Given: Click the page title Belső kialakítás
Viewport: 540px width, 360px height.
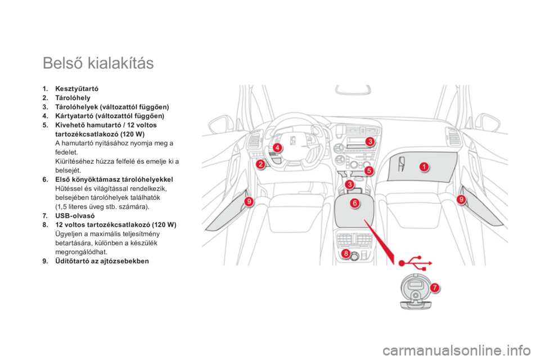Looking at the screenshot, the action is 98,63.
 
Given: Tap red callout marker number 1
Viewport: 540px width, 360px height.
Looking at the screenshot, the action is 424,167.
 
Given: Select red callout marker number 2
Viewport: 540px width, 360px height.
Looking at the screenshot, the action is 260,164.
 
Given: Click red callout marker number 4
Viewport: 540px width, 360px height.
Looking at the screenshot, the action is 277,148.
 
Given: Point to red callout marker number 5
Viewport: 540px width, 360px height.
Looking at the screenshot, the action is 369,170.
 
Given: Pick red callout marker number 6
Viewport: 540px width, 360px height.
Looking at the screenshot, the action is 354,203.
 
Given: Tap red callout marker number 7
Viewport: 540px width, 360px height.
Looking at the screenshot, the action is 435,287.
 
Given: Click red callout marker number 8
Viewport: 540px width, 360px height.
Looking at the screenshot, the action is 345,254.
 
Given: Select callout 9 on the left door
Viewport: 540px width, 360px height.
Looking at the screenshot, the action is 249,201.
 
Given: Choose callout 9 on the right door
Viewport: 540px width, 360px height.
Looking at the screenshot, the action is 461,199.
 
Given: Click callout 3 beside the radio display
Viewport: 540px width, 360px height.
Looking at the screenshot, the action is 370,141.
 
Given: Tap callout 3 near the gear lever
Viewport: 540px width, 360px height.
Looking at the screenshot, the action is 349,184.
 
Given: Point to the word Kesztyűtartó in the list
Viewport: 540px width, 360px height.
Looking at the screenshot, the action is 77,89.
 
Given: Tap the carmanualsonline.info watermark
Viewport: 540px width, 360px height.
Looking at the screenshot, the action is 456,351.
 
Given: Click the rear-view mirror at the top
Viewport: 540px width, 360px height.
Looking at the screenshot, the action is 353,89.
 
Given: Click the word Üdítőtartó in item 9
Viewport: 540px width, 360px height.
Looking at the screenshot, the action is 71,261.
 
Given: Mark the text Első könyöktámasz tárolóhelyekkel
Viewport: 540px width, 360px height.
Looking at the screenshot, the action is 114,179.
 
